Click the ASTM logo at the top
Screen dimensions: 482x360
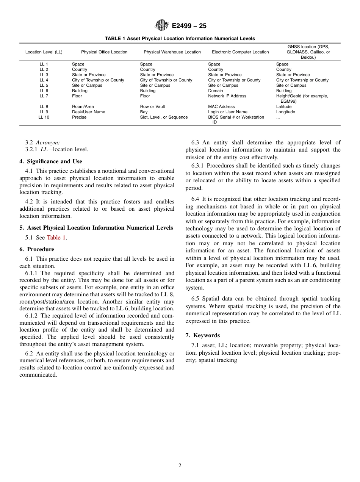click(x=162, y=26)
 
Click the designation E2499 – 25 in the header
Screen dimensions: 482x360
click(x=189, y=26)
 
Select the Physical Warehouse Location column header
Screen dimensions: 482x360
click(x=172, y=52)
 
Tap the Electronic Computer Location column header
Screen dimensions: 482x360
click(x=240, y=52)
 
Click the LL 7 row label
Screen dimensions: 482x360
click(x=44, y=96)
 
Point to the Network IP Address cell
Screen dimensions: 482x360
click(x=227, y=96)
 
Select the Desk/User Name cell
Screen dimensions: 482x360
click(x=88, y=112)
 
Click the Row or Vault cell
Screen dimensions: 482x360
click(x=152, y=106)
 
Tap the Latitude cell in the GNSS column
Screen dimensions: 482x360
click(x=284, y=106)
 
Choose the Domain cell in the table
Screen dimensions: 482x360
click(x=216, y=91)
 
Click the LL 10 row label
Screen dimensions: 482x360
click(x=44, y=117)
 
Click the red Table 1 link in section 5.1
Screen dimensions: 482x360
click(x=56, y=238)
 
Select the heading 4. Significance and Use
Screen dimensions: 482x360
click(x=50, y=161)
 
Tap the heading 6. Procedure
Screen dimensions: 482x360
click(x=36, y=249)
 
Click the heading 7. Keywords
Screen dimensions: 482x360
click(x=202, y=335)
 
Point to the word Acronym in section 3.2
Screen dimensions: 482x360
click(x=48, y=142)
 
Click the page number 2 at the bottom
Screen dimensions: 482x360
click(x=180, y=466)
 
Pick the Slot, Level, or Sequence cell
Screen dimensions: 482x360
click(x=164, y=117)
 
